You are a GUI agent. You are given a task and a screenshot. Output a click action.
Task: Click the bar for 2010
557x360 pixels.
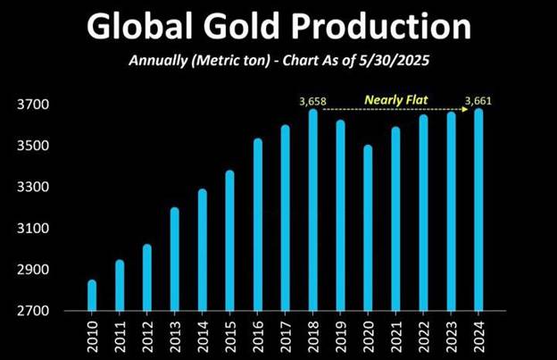tap(92, 296)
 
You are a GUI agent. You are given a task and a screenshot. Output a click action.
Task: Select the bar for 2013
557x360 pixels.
tap(175, 259)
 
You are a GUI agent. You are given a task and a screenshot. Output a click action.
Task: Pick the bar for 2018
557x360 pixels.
tap(313, 210)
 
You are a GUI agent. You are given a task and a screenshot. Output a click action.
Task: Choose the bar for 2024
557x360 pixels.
tap(479, 210)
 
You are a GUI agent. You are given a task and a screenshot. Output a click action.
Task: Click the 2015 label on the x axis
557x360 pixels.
tap(230, 337)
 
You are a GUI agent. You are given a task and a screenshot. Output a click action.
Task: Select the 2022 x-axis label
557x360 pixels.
tap(424, 337)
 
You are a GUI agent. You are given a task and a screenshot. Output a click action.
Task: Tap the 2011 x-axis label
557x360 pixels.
tap(120, 337)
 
